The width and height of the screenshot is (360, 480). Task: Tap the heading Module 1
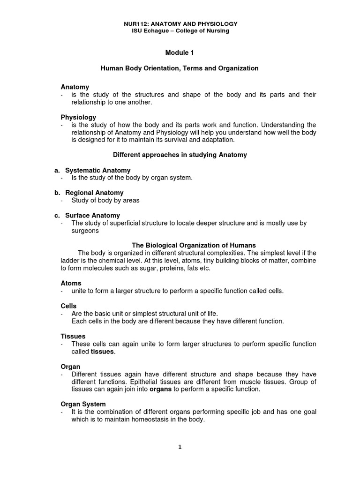click(x=180, y=53)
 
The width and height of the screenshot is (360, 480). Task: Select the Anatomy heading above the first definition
click(x=75, y=87)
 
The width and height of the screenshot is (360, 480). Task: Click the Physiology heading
click(x=78, y=117)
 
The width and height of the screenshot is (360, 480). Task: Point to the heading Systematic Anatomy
click(x=97, y=170)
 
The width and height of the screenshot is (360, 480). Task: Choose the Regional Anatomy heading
click(x=94, y=193)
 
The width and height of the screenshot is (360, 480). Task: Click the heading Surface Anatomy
click(x=93, y=215)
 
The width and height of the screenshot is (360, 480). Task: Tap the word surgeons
click(x=85, y=231)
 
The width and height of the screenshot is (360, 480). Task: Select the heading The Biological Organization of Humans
click(x=194, y=245)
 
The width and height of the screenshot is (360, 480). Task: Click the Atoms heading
click(x=71, y=283)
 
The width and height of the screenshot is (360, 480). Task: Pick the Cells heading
click(x=69, y=306)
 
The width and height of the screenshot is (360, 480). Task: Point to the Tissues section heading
click(x=73, y=336)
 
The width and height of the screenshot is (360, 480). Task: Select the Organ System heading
click(x=83, y=404)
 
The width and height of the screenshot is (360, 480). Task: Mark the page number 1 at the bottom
click(x=180, y=447)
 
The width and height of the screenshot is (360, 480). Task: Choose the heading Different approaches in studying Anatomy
click(x=180, y=154)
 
